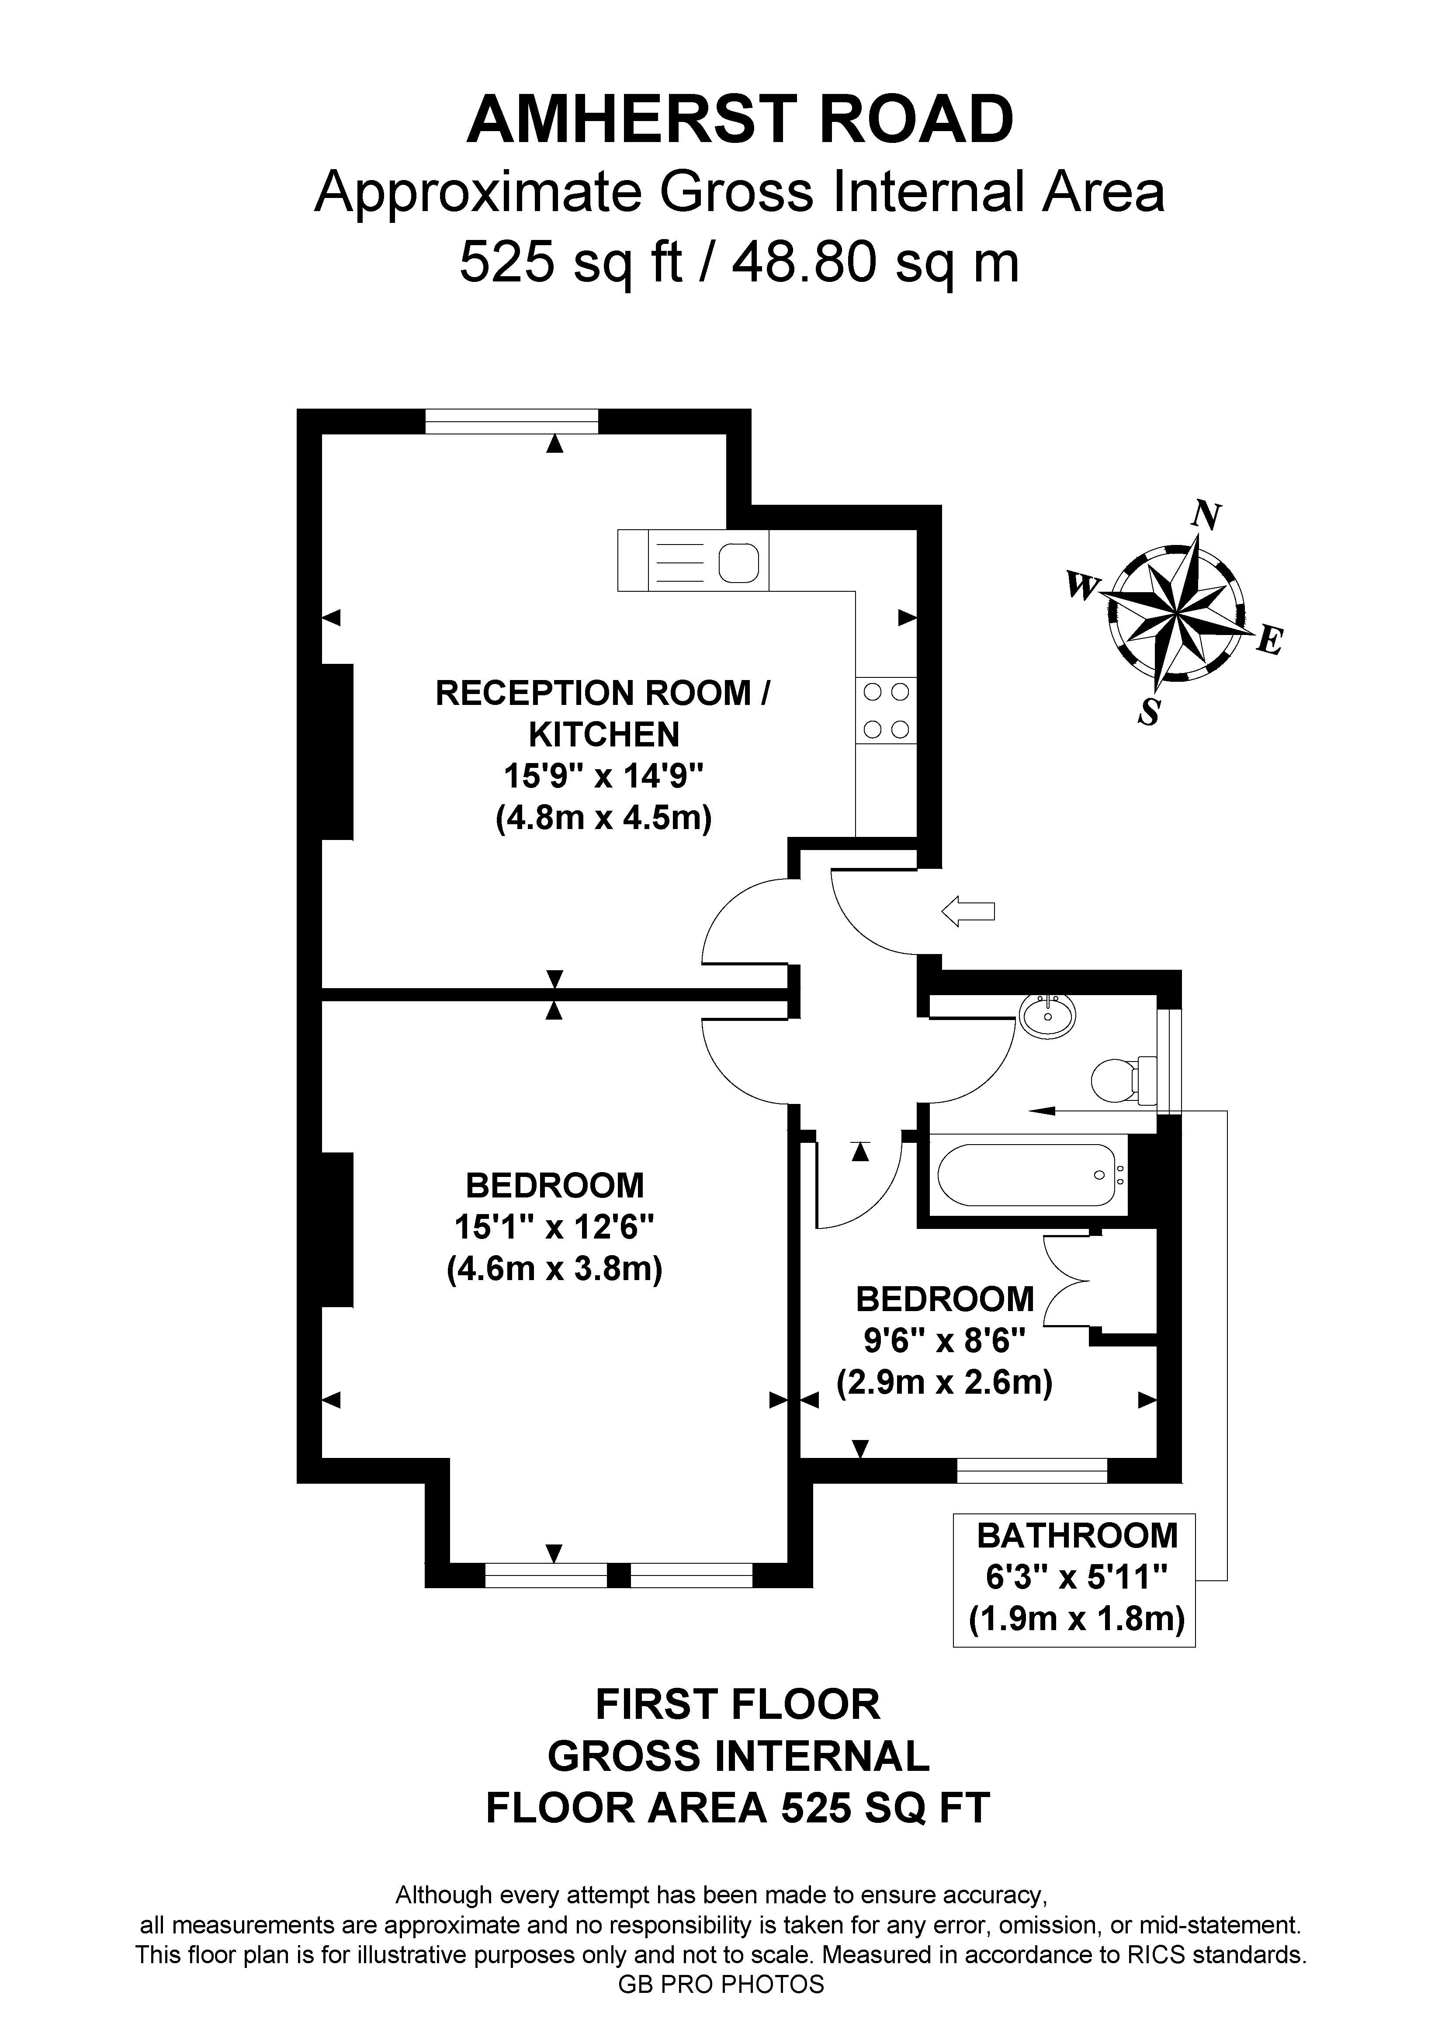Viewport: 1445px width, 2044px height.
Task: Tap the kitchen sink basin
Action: tap(738, 562)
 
